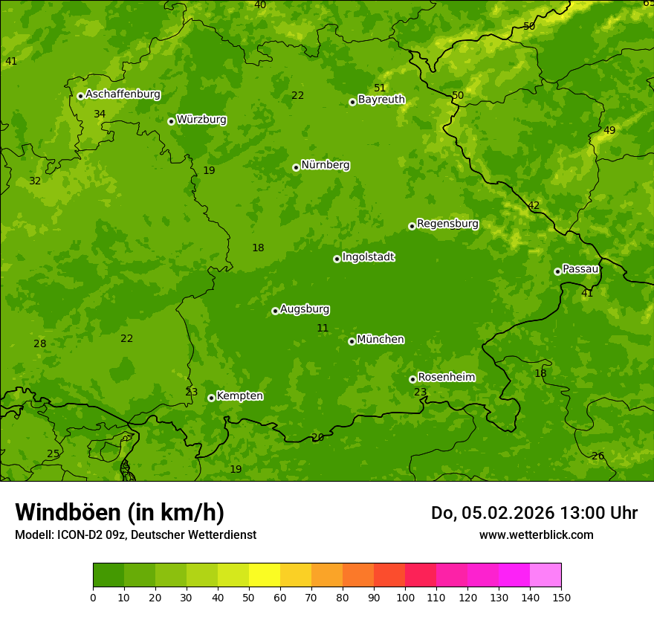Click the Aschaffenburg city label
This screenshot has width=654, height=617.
pos(123,94)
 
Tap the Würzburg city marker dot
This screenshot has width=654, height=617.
pos(171,121)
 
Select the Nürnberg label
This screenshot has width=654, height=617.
pos(325,165)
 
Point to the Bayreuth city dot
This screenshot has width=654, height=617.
pos(352,102)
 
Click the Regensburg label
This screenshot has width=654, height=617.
pos(447,224)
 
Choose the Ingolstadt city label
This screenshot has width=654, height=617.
pos(368,257)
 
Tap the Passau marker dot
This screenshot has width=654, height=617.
pos(557,271)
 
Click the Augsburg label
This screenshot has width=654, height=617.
pos(305,309)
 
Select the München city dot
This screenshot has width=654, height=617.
pos(352,341)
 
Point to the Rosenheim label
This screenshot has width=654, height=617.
pos(446,378)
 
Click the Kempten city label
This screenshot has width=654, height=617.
pos(239,396)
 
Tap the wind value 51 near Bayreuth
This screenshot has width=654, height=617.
pos(380,88)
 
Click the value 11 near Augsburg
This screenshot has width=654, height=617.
pos(323,328)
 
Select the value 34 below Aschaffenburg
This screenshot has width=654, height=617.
pos(100,114)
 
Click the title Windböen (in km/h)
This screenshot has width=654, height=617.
pos(120,512)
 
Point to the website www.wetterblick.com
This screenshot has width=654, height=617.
pos(536,534)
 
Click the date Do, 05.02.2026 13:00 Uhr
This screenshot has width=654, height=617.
pos(534,513)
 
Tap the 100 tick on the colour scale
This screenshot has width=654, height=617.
pos(405,597)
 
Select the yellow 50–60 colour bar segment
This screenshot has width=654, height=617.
pos(265,575)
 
